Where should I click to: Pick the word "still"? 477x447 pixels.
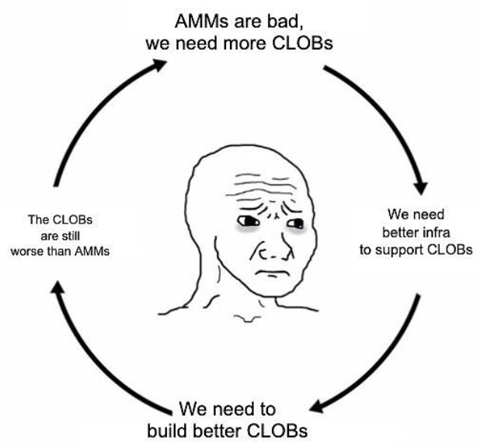(x=70, y=235)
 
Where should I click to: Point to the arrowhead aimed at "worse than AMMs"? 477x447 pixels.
(x=57, y=290)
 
